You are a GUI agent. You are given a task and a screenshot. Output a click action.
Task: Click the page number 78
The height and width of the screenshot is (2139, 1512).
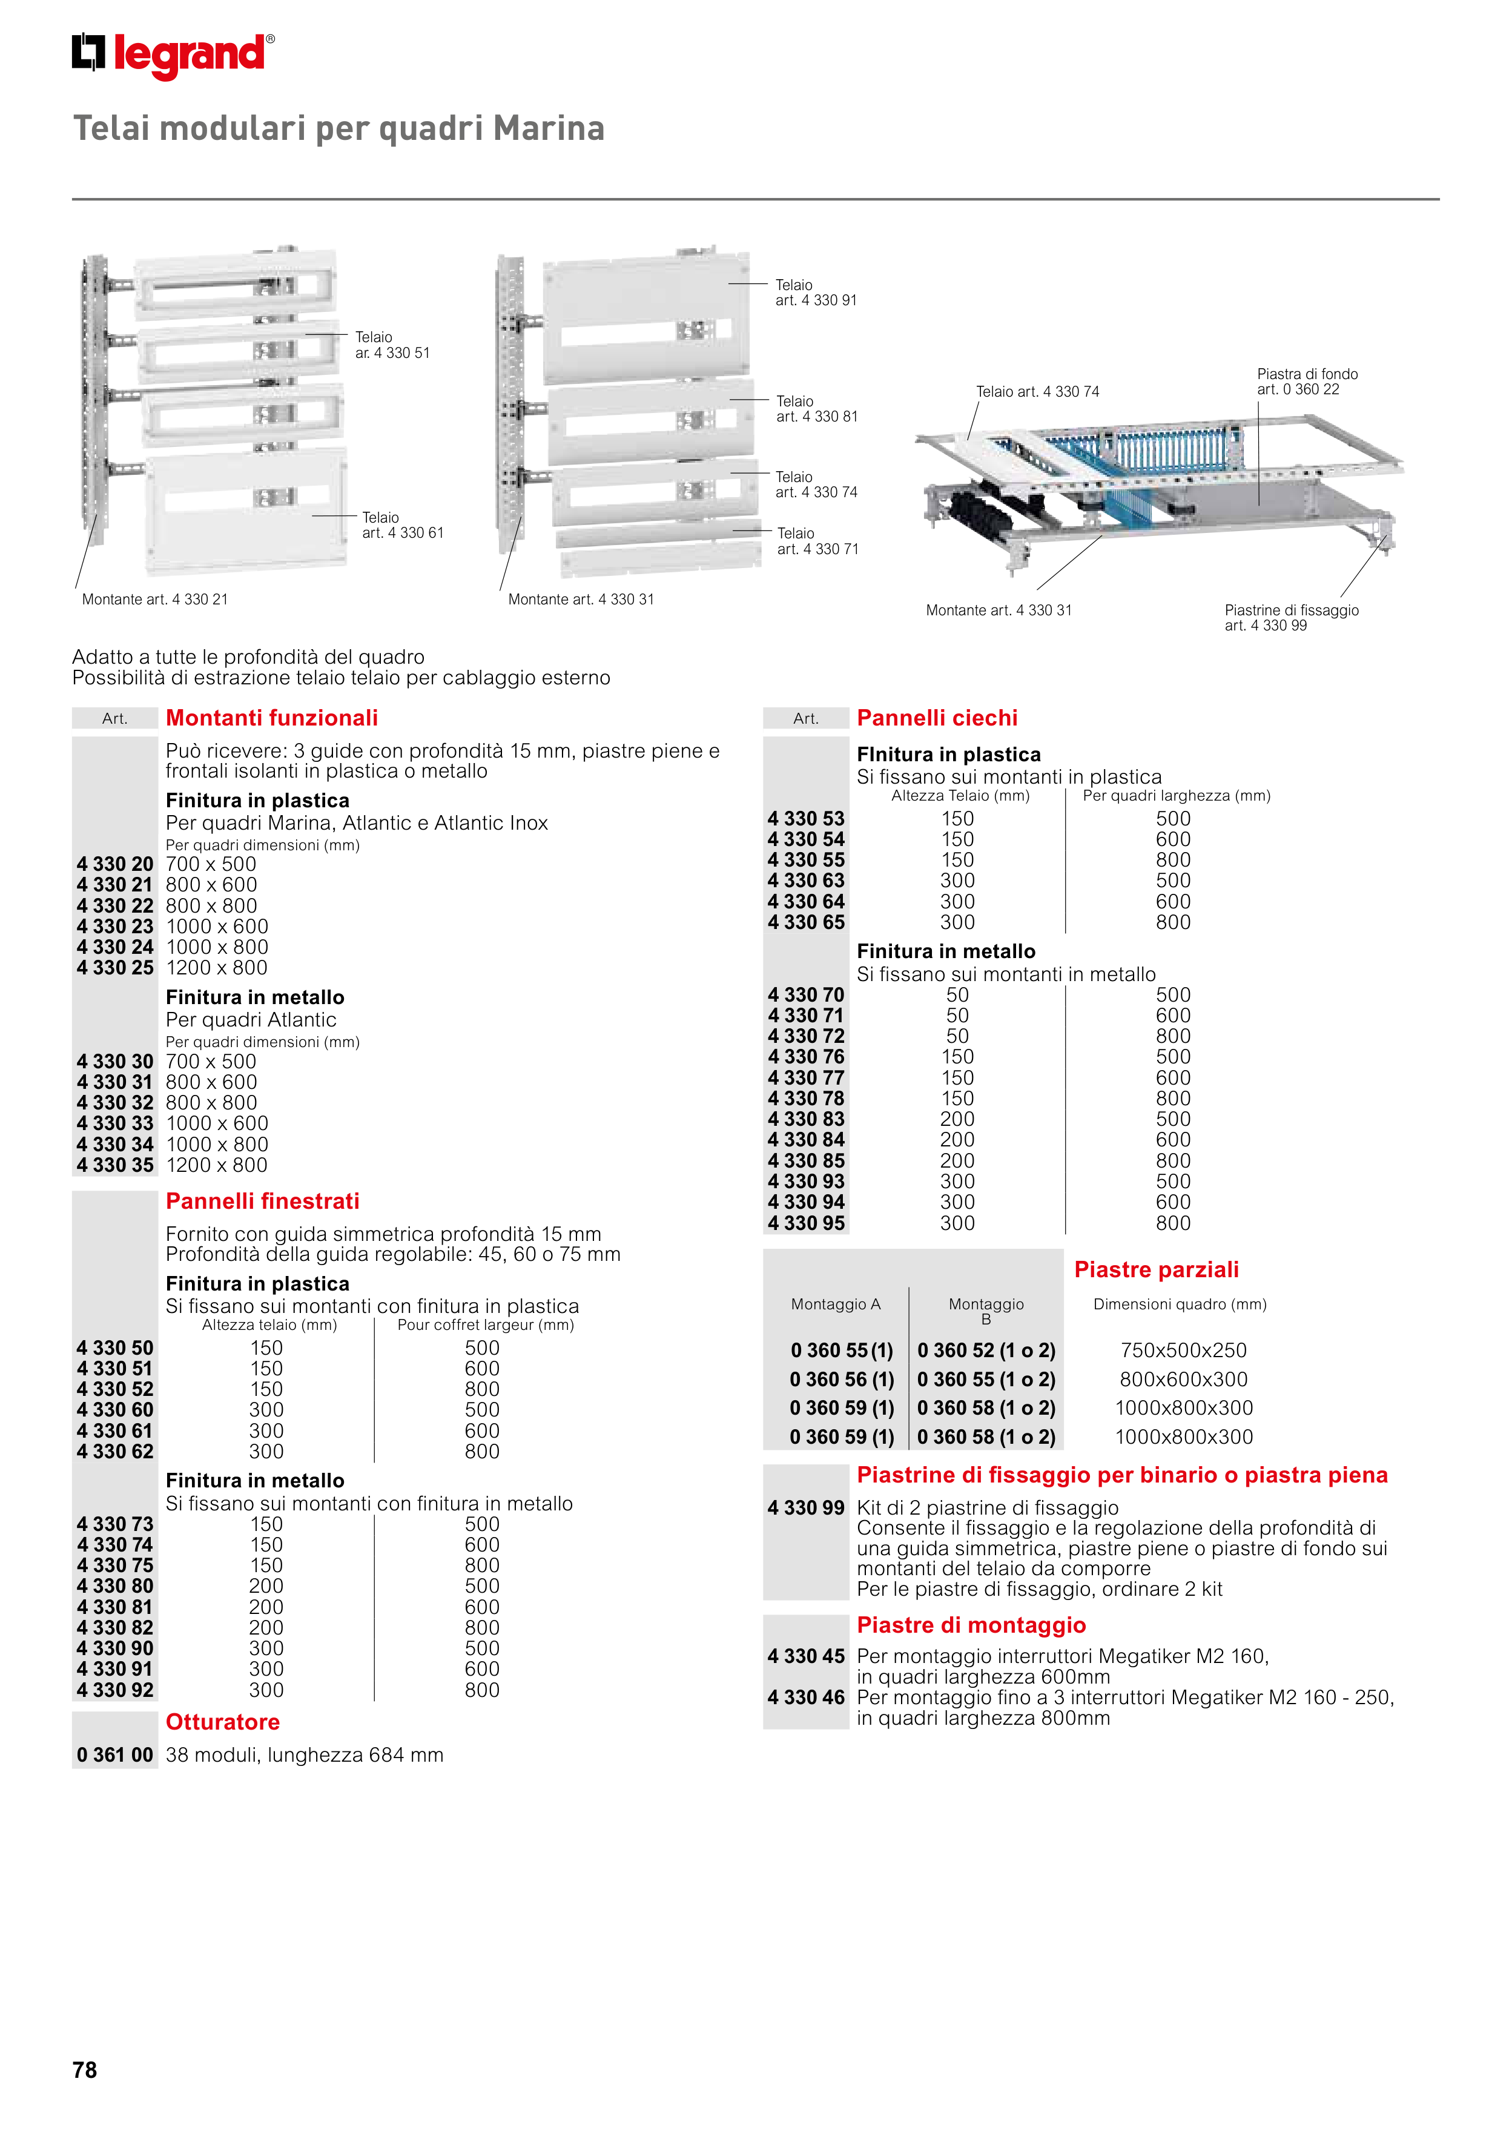[85, 2069]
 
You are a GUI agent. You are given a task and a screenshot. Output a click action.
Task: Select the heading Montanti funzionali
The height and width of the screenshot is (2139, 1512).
[272, 718]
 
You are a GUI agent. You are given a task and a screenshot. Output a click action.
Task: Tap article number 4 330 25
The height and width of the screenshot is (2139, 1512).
[114, 968]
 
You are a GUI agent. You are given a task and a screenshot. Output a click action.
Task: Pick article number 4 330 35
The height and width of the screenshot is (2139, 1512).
[114, 1165]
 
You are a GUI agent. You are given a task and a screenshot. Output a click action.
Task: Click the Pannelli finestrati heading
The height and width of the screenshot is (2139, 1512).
[263, 1202]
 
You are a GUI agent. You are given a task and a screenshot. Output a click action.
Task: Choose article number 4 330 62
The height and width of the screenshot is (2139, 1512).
[114, 1452]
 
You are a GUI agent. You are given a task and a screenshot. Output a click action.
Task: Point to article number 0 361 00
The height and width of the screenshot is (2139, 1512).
[114, 1755]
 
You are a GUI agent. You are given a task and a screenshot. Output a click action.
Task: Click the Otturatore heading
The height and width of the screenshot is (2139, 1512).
[223, 1722]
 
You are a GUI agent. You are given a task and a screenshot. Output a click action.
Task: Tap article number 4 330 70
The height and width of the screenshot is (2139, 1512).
[806, 995]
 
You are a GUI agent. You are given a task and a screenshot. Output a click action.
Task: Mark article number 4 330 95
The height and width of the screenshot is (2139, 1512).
[806, 1223]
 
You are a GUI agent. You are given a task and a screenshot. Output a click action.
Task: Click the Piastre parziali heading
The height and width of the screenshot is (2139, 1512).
[1156, 1270]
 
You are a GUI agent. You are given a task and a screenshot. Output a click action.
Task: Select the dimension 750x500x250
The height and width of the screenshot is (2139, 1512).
[1183, 1351]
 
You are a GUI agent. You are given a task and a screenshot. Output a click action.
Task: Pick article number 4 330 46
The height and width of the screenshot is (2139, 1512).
[806, 1698]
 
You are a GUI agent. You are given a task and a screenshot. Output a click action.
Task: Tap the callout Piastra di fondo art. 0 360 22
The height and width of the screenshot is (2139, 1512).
[1307, 382]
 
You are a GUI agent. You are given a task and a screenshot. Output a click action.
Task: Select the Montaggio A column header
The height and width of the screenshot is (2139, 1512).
[836, 1304]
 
